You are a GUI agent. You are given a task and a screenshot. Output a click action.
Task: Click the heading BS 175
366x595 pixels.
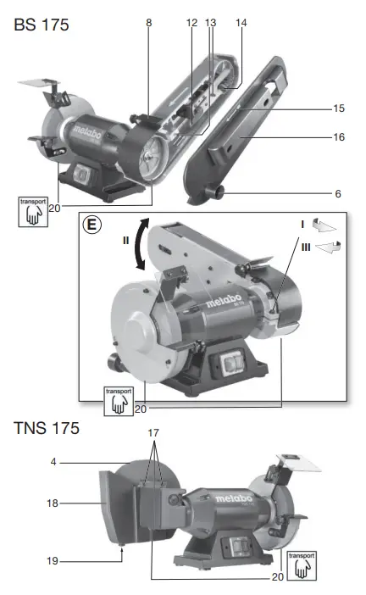point(41,25)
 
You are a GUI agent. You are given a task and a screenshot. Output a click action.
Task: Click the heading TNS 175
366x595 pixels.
point(46,429)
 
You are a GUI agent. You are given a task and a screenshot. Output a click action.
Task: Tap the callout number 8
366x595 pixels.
point(149,25)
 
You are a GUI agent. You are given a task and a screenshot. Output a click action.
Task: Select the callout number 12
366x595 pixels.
point(191,25)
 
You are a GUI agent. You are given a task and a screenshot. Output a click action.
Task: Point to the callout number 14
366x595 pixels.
point(241,25)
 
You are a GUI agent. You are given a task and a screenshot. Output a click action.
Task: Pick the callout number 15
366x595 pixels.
point(338,108)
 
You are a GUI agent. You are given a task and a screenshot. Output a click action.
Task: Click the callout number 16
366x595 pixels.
point(338,136)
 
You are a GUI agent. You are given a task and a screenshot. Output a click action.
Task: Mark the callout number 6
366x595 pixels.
point(338,193)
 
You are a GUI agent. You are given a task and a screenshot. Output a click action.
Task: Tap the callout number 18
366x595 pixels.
point(53,503)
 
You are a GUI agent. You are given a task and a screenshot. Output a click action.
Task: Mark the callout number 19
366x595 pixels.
point(53,561)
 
